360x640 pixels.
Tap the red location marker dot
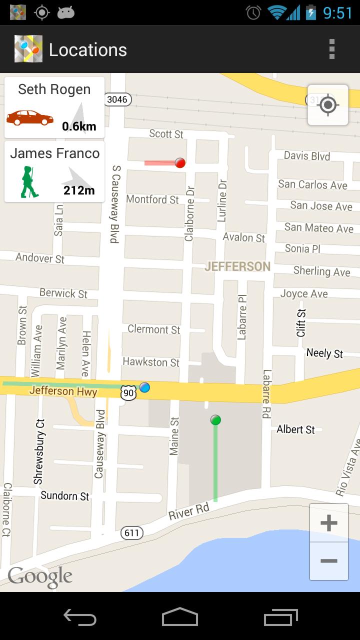(x=180, y=162)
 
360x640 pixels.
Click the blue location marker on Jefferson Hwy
(x=144, y=387)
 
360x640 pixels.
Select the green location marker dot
(x=215, y=420)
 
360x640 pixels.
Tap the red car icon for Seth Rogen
(x=30, y=118)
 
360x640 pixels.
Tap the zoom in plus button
(x=328, y=523)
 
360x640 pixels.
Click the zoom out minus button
(x=328, y=561)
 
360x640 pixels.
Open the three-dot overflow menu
(x=331, y=49)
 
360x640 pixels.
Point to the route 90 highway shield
(x=128, y=393)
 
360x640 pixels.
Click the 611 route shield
(x=131, y=533)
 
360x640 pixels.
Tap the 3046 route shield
(x=117, y=99)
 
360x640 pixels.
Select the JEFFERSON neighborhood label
(x=237, y=266)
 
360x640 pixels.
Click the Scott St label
(x=166, y=133)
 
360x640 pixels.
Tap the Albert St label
(x=296, y=429)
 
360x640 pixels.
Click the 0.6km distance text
(x=79, y=126)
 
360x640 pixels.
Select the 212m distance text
(x=79, y=190)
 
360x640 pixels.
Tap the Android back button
(x=80, y=617)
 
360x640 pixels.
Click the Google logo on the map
(x=40, y=577)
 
